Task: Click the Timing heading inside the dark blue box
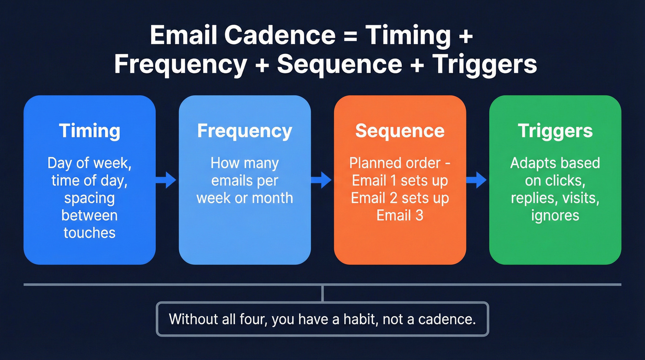pyautogui.click(x=89, y=131)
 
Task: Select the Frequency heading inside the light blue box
pyautogui.click(x=245, y=131)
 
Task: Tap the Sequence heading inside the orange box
pyautogui.click(x=400, y=131)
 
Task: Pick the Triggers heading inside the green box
pyautogui.click(x=555, y=131)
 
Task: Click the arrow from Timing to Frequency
pyautogui.click(x=166, y=180)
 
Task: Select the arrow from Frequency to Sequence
pyautogui.click(x=322, y=180)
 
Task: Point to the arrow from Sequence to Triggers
pyautogui.click(x=477, y=180)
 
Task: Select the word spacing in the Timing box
pyautogui.click(x=89, y=198)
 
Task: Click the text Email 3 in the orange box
pyautogui.click(x=400, y=215)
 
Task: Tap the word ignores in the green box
pyautogui.click(x=555, y=215)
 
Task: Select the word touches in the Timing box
pyautogui.click(x=89, y=232)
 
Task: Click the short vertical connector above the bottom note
pyautogui.click(x=322, y=293)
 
